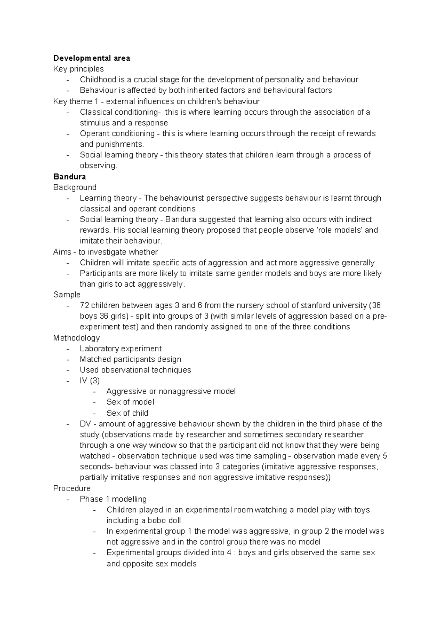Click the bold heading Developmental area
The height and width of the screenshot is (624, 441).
(92, 58)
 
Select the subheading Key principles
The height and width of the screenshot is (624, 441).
(78, 69)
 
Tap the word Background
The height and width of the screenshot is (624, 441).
(75, 187)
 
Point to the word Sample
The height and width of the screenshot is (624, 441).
(67, 295)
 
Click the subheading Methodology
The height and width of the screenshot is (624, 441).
(76, 338)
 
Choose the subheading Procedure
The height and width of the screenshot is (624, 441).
(72, 488)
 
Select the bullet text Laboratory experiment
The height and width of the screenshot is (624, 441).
(121, 348)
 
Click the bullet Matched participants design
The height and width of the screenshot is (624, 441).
(130, 359)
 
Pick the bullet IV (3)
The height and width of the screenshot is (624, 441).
(90, 380)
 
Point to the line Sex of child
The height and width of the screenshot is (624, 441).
(127, 413)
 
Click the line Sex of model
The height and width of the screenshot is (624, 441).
(130, 402)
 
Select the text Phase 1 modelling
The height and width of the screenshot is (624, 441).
(113, 499)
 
